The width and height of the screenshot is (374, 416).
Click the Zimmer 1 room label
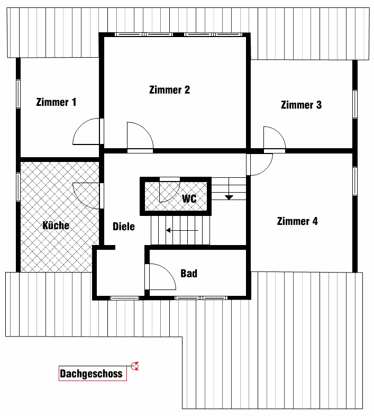[x=56, y=102]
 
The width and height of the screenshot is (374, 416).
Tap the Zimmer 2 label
[x=170, y=90]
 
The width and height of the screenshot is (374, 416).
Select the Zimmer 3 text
[x=302, y=105]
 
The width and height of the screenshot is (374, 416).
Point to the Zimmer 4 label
[x=297, y=221]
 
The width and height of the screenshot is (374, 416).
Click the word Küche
[x=56, y=225]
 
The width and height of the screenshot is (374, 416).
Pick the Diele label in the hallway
[x=124, y=227]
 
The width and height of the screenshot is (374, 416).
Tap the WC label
[x=189, y=198]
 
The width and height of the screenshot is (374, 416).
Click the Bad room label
[x=189, y=273]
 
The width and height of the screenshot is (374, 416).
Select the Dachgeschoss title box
[x=93, y=374]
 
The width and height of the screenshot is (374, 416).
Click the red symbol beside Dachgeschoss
[x=135, y=366]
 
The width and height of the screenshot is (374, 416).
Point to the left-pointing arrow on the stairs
[x=182, y=230]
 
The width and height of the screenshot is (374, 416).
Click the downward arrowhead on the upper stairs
[x=229, y=197]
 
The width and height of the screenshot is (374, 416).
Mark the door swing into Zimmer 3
[x=279, y=133]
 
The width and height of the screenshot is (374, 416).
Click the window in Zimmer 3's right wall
[x=354, y=104]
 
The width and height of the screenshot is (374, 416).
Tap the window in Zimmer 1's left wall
[x=19, y=94]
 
